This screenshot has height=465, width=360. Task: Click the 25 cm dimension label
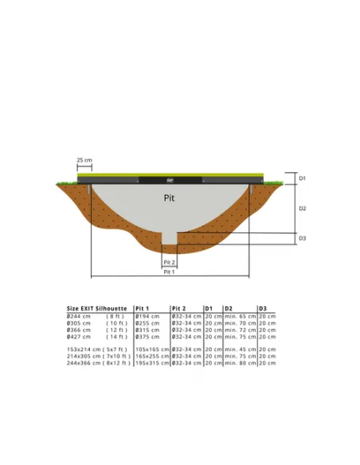click(84, 160)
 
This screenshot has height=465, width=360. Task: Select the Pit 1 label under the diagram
click(169, 272)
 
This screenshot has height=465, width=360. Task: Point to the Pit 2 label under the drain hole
click(169, 262)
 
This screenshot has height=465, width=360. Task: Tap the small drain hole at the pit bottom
click(169, 238)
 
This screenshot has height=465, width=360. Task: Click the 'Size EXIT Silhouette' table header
click(96, 307)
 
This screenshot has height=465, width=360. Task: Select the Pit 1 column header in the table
click(143, 307)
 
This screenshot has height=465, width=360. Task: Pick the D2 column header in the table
click(229, 307)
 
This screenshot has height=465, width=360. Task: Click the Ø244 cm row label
click(79, 316)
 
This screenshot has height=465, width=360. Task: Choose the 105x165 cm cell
click(152, 349)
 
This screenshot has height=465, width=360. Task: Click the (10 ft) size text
click(117, 323)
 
